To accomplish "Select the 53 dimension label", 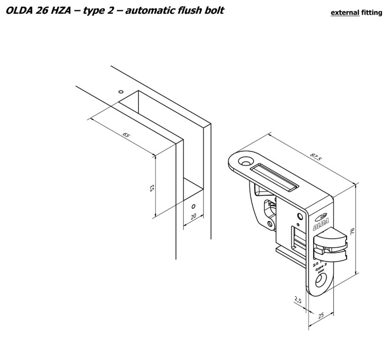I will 152,188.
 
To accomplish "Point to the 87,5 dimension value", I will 316,156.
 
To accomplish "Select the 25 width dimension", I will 321,316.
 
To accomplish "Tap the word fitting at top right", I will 371,13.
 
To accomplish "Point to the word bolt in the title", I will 212,10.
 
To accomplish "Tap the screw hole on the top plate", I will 246,162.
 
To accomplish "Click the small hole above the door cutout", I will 120,92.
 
